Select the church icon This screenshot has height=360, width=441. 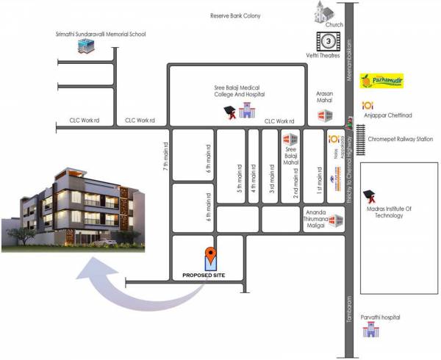pos(324,13)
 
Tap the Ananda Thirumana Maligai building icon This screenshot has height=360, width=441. pos(337,220)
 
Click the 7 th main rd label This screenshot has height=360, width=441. pos(167,156)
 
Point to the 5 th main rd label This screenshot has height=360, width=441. pos(240,179)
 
